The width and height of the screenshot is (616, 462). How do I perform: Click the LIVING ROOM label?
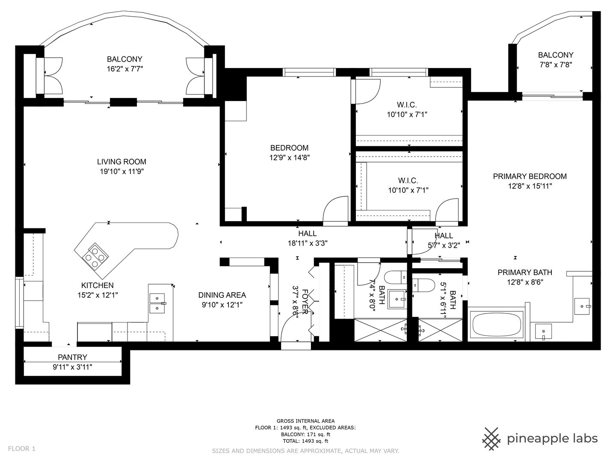click(121, 162)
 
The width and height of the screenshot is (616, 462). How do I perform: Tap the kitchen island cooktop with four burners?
click(95, 256)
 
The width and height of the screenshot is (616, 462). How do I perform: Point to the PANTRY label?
click(72, 357)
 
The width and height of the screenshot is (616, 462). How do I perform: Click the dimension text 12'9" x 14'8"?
click(289, 158)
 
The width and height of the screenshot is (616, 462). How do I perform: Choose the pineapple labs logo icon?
click(491, 439)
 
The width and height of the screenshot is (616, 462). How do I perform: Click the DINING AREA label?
click(222, 295)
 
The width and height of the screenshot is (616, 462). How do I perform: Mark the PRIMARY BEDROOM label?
click(530, 176)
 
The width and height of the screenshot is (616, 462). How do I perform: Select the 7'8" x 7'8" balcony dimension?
click(556, 65)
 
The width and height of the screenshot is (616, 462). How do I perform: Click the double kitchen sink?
click(157, 303)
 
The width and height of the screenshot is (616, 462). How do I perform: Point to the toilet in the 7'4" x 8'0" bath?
click(395, 278)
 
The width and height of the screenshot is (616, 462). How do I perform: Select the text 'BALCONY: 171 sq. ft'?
click(305, 435)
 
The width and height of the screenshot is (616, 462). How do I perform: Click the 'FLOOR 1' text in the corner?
click(22, 449)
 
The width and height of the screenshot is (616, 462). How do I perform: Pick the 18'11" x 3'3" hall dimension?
click(308, 243)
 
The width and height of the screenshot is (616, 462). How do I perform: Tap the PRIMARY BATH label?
click(525, 272)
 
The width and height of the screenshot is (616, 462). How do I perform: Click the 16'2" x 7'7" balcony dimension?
click(125, 69)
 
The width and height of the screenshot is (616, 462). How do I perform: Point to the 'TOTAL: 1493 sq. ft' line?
click(305, 441)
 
